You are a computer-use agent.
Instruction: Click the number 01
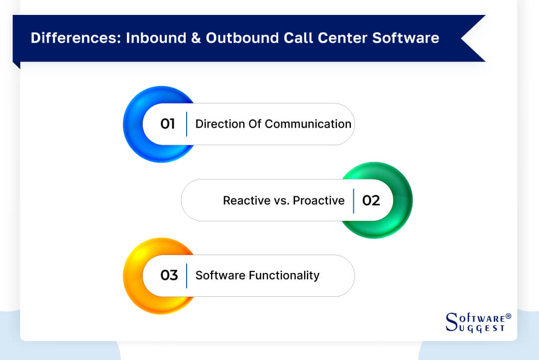[x=168, y=124]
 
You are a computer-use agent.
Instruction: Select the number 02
[x=371, y=200]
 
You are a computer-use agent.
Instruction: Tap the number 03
[x=169, y=275]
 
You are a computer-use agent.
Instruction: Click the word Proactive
[x=319, y=200]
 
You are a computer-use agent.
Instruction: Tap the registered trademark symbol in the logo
[x=508, y=316]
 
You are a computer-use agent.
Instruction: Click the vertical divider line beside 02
[x=353, y=200]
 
